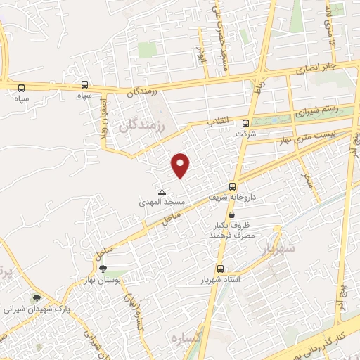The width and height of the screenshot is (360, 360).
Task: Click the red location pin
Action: click(x=181, y=165)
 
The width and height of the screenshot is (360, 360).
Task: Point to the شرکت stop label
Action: click(x=243, y=133)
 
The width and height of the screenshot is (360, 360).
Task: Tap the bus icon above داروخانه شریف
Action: click(x=233, y=186)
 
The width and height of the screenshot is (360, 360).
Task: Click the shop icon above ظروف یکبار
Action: click(x=232, y=213)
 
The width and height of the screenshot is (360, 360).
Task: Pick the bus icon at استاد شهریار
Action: click(x=220, y=269)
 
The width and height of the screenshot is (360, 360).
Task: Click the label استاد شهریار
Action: click(x=221, y=280)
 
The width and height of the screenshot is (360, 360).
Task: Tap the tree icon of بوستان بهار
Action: click(x=103, y=268)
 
